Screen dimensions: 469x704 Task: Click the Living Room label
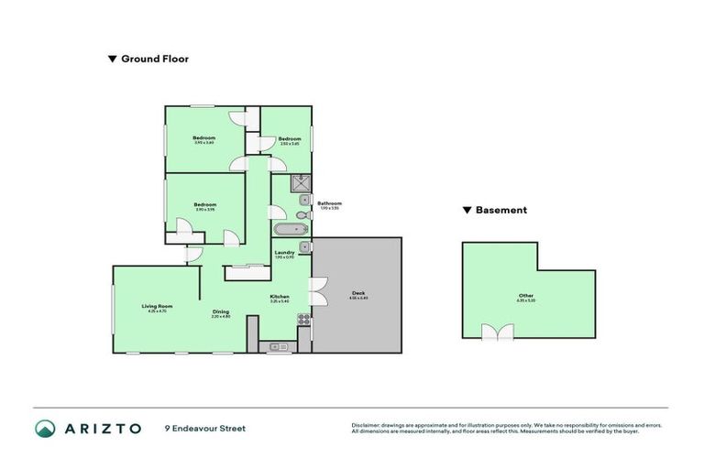pyautogui.click(x=157, y=306)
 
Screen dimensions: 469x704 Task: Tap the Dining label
pyautogui.click(x=221, y=311)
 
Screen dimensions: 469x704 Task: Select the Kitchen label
pyautogui.click(x=280, y=297)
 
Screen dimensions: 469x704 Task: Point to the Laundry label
pyautogui.click(x=284, y=252)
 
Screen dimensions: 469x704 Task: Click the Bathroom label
pyautogui.click(x=329, y=203)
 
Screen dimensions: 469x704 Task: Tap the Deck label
pyautogui.click(x=357, y=294)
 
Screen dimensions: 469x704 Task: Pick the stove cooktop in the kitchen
pyautogui.click(x=303, y=322)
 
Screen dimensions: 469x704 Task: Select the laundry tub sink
pyautogui.click(x=304, y=246)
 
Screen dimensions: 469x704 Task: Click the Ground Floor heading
pyautogui.click(x=154, y=59)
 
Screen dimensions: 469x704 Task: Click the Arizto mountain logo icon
pyautogui.click(x=45, y=428)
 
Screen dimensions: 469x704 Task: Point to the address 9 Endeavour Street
pyautogui.click(x=205, y=428)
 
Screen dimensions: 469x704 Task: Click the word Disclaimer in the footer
pyautogui.click(x=366, y=425)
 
